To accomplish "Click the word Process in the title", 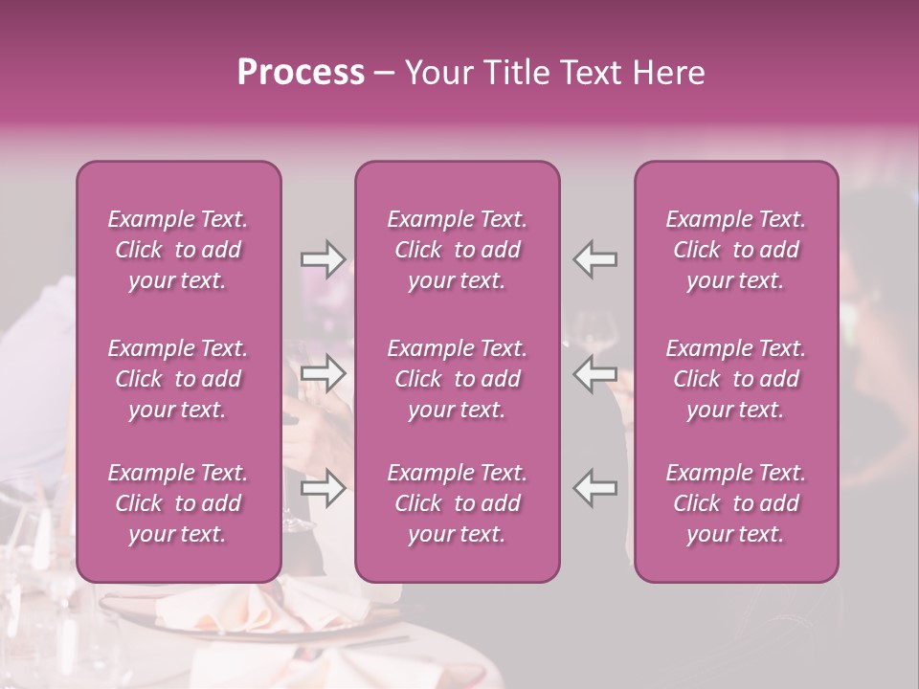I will [301, 73].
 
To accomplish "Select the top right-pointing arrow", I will [323, 259].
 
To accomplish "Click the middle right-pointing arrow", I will [323, 373].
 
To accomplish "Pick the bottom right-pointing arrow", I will [323, 488].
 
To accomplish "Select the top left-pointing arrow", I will [595, 259].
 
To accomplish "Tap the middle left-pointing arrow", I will [595, 373].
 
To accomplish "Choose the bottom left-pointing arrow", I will [595, 488].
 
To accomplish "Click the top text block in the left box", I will [178, 250].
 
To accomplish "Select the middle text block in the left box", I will [178, 379].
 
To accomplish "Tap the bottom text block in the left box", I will [178, 503].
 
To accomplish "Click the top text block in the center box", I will [457, 250].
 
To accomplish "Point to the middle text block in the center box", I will [457, 379].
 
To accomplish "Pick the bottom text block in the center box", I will [457, 503].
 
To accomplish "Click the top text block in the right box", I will [735, 250].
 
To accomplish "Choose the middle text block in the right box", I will [735, 379].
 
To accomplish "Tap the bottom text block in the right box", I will [735, 503].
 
